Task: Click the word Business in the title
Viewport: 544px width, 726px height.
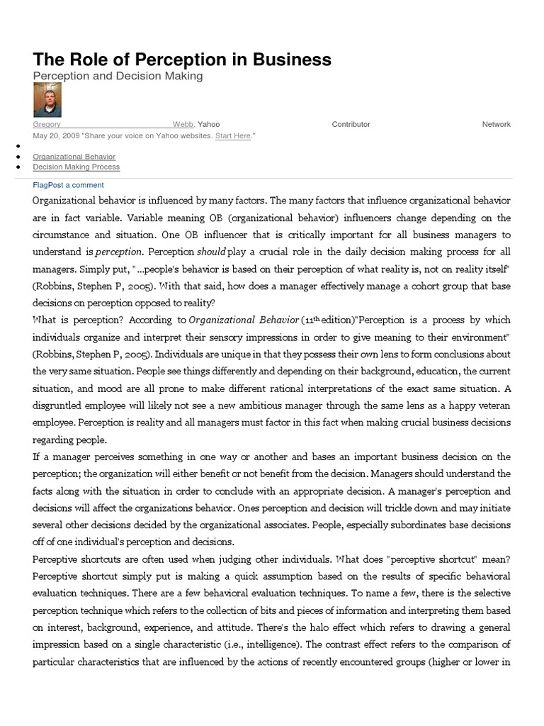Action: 293,60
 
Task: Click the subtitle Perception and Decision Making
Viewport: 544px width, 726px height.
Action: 118,76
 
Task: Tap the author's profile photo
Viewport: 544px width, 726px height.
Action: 47,100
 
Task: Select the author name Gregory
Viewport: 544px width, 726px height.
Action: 47,124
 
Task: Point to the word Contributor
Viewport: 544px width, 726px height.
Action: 351,124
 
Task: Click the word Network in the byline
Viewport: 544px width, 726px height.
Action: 496,124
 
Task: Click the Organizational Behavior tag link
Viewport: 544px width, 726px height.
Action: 74,157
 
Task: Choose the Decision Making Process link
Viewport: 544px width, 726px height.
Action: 76,167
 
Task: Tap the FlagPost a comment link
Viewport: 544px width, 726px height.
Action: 68,185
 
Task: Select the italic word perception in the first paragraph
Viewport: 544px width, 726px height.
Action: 119,252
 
